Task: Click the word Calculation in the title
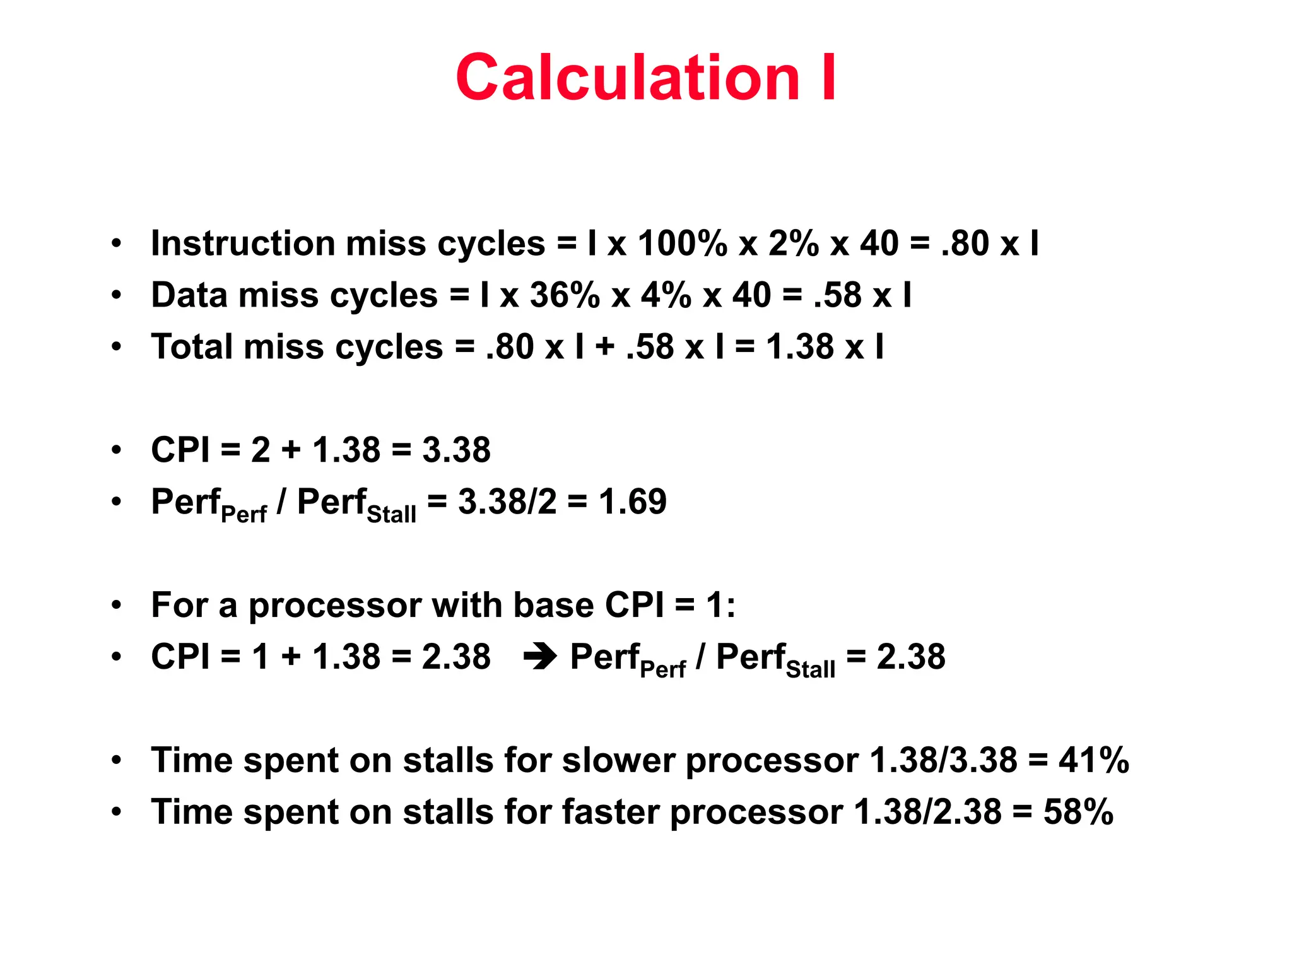(627, 78)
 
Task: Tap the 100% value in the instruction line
(682, 244)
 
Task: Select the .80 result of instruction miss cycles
(965, 244)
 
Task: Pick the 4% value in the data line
(666, 295)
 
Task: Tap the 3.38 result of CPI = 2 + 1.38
(456, 450)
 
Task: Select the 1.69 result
(632, 502)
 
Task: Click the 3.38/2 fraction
(507, 502)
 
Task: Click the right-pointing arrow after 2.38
(540, 657)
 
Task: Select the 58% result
(1078, 812)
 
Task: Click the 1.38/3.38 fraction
(943, 760)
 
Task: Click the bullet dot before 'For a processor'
(116, 606)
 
